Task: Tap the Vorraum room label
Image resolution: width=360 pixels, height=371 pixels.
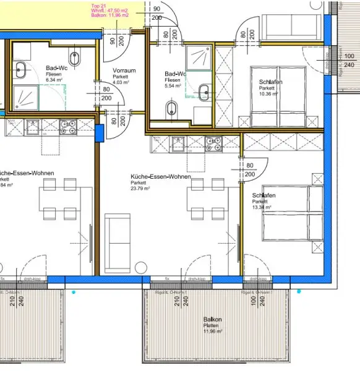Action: [x=124, y=70]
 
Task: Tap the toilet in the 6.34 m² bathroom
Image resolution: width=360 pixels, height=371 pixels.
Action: [x=75, y=58]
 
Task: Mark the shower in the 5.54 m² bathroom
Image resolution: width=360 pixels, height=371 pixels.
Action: [x=199, y=58]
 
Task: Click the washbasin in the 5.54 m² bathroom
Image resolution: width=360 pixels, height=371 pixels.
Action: [x=204, y=93]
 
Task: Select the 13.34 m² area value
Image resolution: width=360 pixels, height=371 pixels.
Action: [x=262, y=208]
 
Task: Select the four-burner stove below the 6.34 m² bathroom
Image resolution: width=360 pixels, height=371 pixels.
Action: [x=67, y=127]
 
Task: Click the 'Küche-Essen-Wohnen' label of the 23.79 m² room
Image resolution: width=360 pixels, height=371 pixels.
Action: [x=160, y=177]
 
